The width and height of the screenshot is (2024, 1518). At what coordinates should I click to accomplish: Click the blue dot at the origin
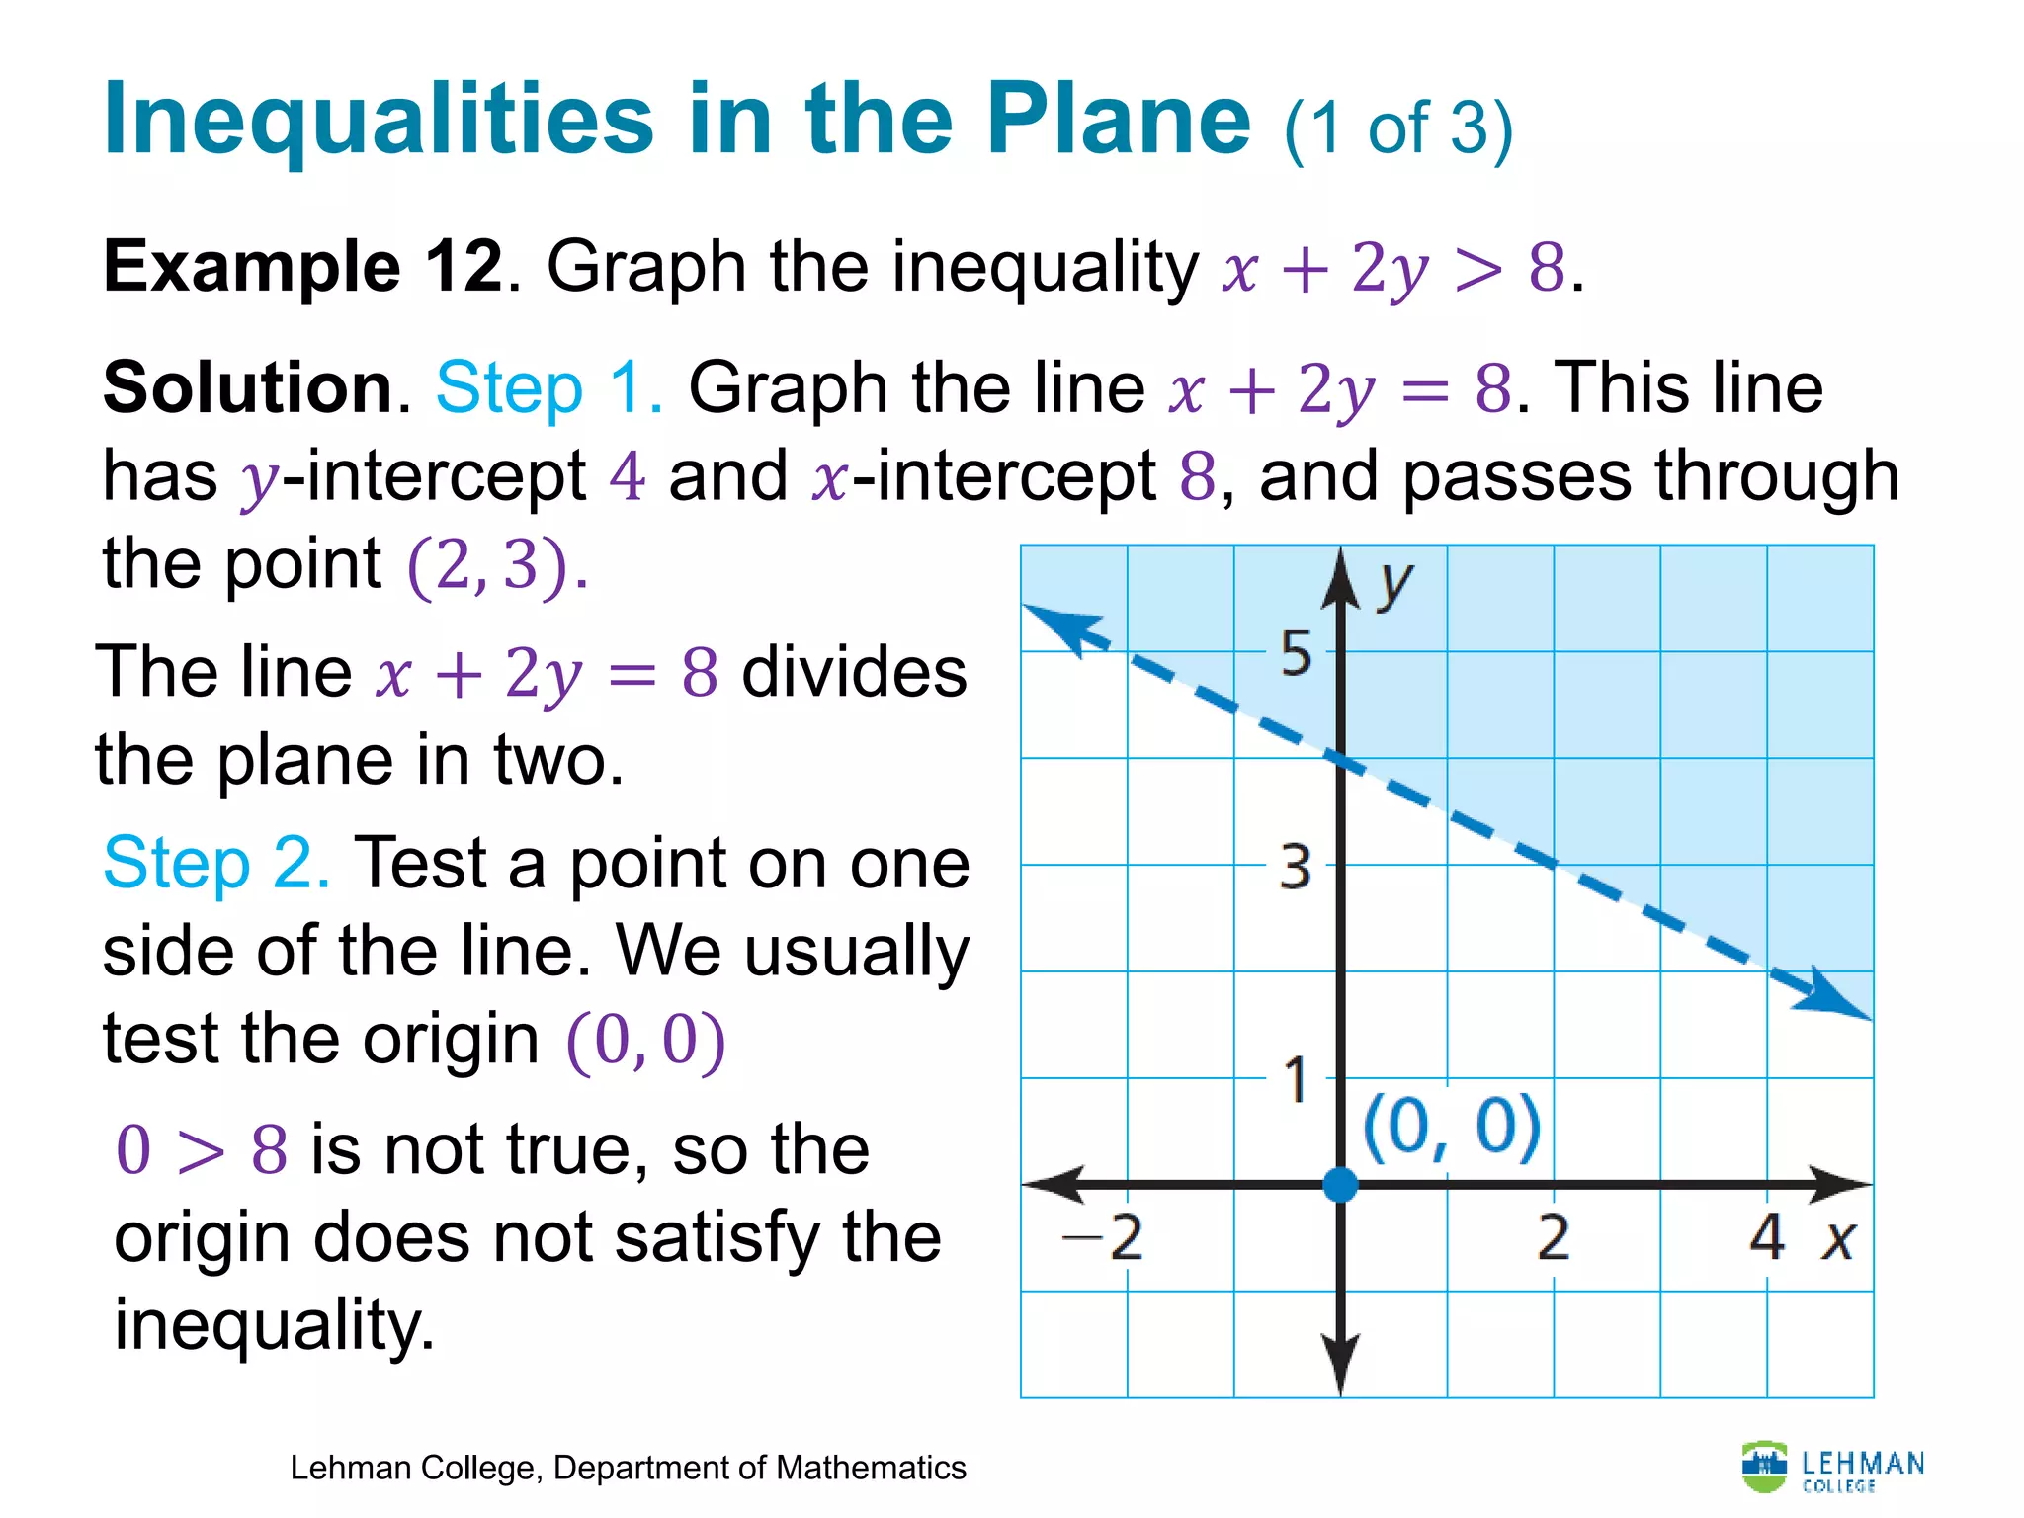coord(1340,1183)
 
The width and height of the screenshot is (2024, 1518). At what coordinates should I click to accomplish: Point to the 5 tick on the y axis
coord(1296,653)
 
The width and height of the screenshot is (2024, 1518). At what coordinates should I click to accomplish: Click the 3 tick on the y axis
coord(1296,867)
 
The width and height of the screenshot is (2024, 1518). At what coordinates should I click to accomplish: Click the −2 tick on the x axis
coord(1103,1237)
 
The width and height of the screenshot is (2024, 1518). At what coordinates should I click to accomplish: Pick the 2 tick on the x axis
coord(1553,1237)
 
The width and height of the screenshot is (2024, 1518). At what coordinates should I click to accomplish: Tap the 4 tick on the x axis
coord(1766,1237)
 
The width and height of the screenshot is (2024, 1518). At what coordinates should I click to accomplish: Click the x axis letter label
coord(1838,1239)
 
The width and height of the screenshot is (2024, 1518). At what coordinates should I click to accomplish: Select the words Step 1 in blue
coord(549,387)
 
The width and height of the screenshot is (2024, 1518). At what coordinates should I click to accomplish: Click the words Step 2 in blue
coord(215,864)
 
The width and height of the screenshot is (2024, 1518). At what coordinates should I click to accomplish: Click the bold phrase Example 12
coord(302,267)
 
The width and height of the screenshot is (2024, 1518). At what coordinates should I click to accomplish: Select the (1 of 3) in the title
coord(1397,128)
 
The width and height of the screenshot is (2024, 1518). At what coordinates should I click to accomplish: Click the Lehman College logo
coord(1832,1468)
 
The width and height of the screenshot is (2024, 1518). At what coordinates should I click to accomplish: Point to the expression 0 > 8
coord(202,1150)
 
